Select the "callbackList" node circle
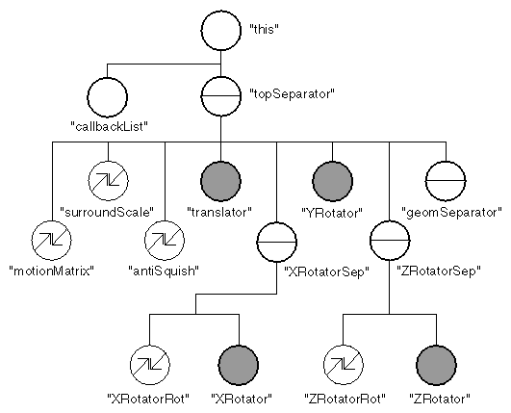(107, 96)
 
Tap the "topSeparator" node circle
(220, 96)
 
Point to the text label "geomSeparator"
(451, 211)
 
